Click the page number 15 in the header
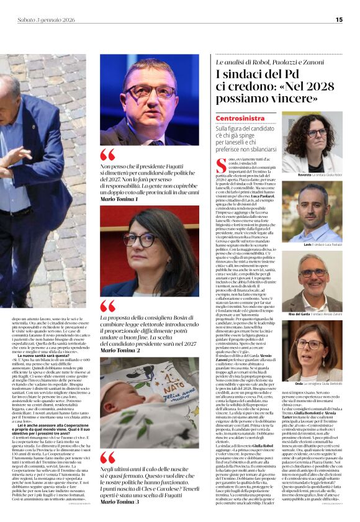339,19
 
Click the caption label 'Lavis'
290,246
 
